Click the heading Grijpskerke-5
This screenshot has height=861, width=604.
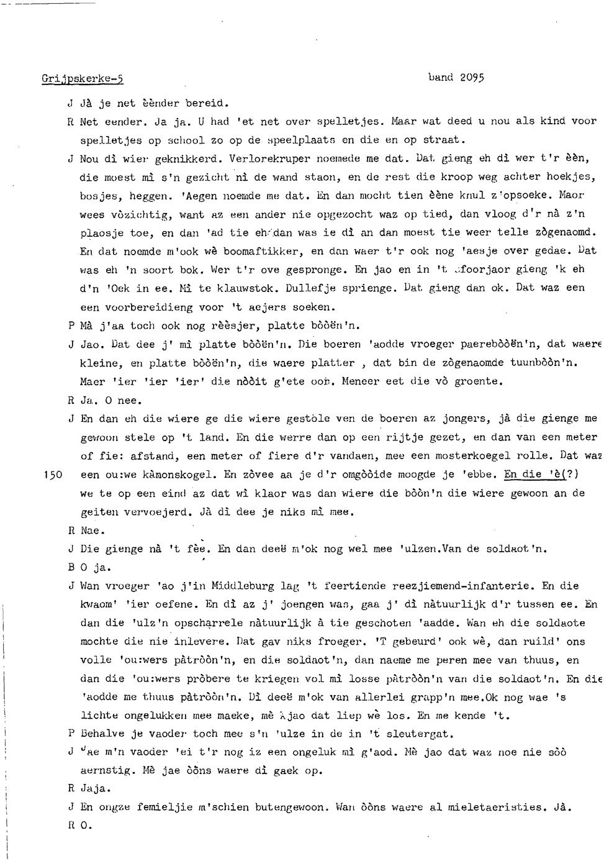point(83,79)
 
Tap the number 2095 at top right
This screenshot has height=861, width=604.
point(472,78)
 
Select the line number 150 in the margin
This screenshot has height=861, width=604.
point(54,475)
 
